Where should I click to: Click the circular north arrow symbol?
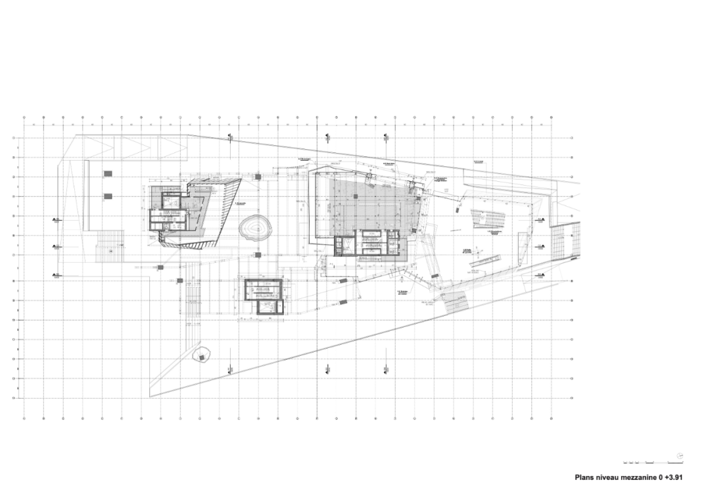coord(679,456)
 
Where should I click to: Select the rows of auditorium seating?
coord(489,216)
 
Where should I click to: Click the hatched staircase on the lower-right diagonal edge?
coord(454,301)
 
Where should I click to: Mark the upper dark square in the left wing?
coord(107,173)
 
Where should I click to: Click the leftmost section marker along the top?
coord(230,137)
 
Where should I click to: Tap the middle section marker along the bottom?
coord(327,369)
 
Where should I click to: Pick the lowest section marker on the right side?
coord(538,276)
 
